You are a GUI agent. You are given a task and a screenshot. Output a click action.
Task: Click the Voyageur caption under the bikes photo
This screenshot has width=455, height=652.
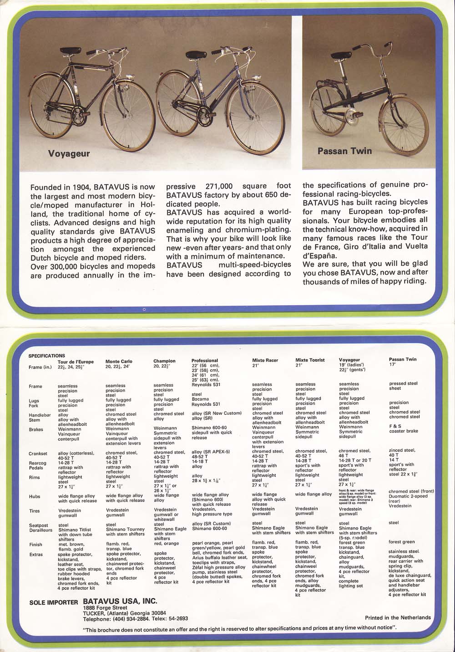click(x=69, y=153)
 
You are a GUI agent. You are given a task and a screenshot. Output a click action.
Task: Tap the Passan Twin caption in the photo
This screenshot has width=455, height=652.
click(x=345, y=150)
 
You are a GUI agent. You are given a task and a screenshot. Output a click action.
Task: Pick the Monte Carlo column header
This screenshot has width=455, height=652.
click(x=119, y=361)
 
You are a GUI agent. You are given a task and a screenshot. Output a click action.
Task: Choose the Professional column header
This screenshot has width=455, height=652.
click(x=205, y=361)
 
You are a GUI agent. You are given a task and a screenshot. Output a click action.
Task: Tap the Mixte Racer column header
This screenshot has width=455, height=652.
click(x=265, y=360)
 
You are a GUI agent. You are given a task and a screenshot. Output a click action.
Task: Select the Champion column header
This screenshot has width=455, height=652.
click(x=164, y=361)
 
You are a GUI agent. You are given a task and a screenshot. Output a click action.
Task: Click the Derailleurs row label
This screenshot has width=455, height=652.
click(x=40, y=530)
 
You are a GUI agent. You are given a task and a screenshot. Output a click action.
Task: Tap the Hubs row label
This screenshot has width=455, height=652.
click(x=35, y=497)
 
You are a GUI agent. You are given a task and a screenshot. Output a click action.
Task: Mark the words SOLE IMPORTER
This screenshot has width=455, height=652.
click(x=53, y=602)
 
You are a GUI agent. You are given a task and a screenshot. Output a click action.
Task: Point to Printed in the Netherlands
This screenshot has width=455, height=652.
click(x=398, y=617)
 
